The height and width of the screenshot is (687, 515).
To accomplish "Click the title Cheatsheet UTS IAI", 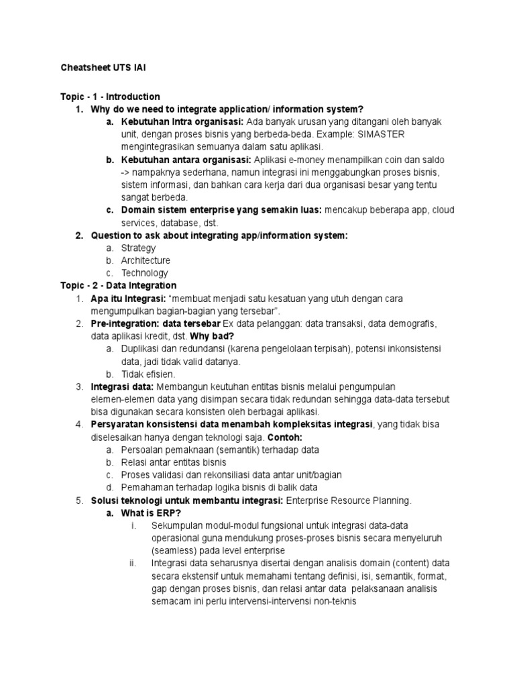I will [104, 68].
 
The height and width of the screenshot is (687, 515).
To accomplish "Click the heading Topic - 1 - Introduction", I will [110, 97].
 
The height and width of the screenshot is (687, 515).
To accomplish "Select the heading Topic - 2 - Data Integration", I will [119, 286].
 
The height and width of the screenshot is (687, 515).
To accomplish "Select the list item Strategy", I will [138, 248].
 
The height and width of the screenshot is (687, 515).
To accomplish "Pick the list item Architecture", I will [146, 260].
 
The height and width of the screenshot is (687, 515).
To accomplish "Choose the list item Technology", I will [144, 273].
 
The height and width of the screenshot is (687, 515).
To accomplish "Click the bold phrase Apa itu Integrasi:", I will [128, 299].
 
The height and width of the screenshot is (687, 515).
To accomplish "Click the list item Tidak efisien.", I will [148, 374].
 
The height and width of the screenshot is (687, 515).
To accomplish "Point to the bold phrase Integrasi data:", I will [123, 386].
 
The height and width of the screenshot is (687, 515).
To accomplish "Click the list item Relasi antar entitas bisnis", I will [174, 462].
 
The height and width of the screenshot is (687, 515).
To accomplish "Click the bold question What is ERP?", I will [152, 513].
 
